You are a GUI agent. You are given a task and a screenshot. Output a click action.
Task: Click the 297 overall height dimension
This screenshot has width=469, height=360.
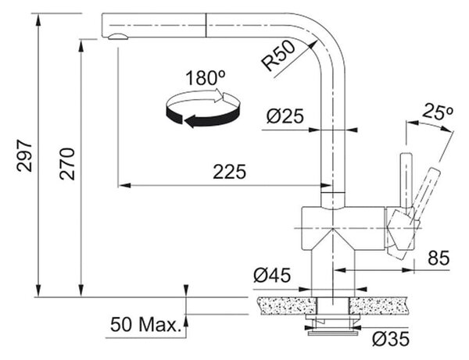coord(24,155)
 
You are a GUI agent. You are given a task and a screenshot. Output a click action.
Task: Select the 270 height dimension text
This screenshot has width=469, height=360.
coord(67,164)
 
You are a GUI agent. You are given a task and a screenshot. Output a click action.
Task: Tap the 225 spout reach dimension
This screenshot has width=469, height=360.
coord(229,172)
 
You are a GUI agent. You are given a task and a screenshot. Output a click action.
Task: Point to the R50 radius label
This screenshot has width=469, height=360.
coord(278,56)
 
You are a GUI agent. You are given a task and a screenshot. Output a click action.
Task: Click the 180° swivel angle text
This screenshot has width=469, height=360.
coord(205,78)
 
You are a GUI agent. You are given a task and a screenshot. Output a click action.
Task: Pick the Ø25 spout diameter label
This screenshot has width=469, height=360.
coord(285,116)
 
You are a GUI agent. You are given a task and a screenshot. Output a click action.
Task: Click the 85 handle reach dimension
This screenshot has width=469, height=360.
coord(439,258)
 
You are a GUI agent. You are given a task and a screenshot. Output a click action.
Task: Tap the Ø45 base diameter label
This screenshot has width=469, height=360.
coord(272,275)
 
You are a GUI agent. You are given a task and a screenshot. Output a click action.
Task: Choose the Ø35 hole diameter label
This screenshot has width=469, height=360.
coord(391,339)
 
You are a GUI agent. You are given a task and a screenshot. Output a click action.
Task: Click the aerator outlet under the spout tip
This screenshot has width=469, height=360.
coord(117,37)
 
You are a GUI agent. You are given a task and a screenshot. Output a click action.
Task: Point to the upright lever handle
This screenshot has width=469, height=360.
coord(406,182)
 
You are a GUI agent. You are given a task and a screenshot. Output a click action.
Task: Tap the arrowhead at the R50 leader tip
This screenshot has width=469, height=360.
coord(313,45)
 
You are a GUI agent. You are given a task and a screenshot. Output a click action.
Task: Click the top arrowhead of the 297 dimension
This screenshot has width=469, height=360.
coord(38,19)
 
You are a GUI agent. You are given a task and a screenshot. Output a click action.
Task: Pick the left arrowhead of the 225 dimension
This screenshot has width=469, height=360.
coord(124,186)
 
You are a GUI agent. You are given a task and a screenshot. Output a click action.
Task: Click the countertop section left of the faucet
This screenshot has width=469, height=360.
coord(288,305)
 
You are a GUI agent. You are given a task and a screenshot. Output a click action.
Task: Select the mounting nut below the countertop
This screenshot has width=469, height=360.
coord(333,324)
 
